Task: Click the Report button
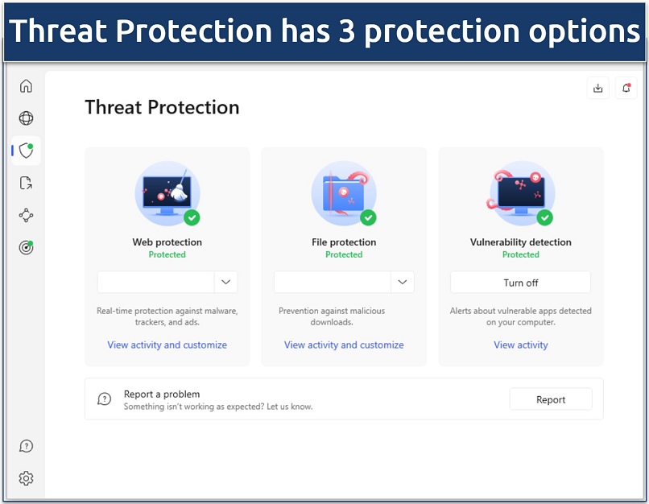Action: click(551, 399)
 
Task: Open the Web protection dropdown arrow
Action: click(226, 282)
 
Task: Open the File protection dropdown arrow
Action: click(403, 282)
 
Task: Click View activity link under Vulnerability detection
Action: click(520, 345)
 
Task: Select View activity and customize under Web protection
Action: click(167, 345)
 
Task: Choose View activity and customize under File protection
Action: click(344, 345)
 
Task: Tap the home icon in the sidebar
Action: click(26, 86)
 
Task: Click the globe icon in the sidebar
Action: click(26, 118)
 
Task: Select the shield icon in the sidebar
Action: click(26, 151)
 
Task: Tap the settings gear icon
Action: click(26, 478)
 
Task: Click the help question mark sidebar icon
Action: click(26, 446)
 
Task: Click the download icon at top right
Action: click(597, 89)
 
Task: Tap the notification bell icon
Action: click(626, 89)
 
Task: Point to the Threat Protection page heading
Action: click(162, 107)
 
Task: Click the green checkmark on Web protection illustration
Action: click(192, 217)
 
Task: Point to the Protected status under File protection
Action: click(344, 254)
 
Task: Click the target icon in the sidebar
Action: click(26, 247)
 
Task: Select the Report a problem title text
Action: click(162, 394)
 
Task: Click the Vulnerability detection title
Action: click(520, 242)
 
